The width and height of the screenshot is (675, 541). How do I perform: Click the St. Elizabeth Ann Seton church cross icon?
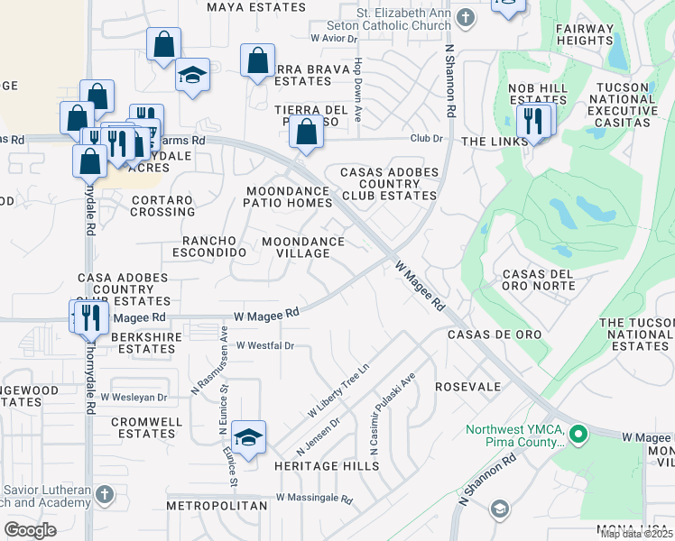[466, 17]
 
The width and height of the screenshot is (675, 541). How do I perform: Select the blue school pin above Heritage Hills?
[248, 437]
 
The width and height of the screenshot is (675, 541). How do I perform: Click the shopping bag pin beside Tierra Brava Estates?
[257, 60]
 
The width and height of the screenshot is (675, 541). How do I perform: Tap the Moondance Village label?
[303, 248]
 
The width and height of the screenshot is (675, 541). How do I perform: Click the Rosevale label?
[467, 386]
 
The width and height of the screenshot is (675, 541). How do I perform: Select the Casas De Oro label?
[495, 335]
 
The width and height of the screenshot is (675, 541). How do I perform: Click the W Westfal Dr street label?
[265, 345]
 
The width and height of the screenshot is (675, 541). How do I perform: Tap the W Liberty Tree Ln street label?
[339, 390]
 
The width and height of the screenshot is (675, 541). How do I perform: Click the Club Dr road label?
[427, 139]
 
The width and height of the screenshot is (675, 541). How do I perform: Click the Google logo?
[30, 530]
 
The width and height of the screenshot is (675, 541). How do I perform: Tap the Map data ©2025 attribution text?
[637, 534]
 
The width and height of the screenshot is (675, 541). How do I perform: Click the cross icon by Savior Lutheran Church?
[105, 494]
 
